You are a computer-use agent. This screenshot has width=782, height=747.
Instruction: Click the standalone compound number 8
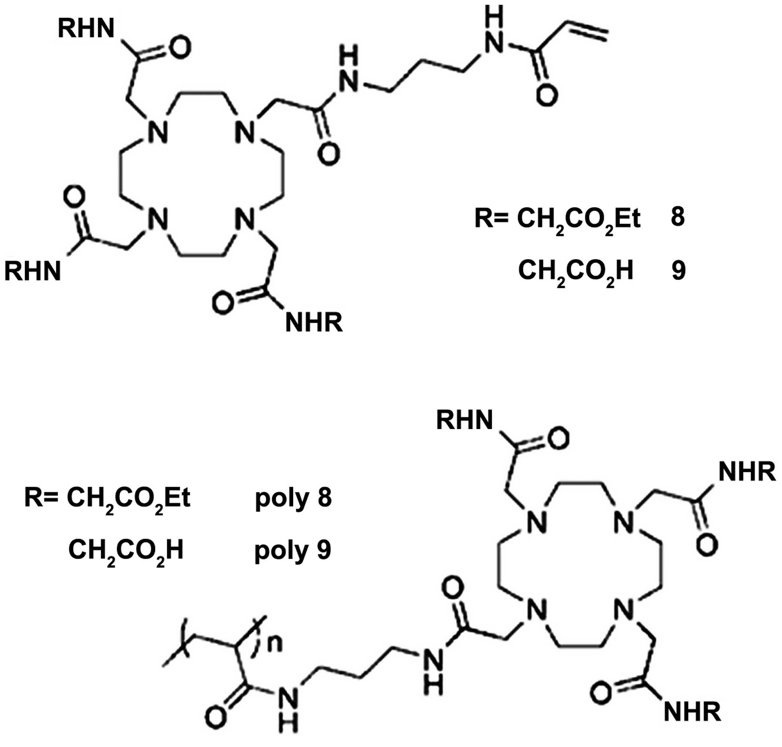(x=677, y=217)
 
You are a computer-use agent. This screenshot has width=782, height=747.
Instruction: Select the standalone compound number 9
(x=678, y=270)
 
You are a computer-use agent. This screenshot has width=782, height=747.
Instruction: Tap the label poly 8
(x=293, y=498)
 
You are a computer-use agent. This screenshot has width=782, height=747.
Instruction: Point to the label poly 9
(x=293, y=550)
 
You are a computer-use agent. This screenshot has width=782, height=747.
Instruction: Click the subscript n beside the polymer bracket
(x=274, y=644)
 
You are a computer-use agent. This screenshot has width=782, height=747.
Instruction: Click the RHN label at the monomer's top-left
(x=86, y=29)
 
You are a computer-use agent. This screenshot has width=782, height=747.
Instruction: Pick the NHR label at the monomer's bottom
(x=314, y=323)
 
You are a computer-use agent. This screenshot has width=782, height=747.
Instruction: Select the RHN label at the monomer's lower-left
(x=33, y=271)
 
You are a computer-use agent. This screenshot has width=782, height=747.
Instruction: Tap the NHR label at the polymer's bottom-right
(x=692, y=711)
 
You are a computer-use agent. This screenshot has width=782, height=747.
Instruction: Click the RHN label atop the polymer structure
(x=464, y=420)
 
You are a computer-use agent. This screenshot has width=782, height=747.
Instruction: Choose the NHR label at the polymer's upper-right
(x=747, y=471)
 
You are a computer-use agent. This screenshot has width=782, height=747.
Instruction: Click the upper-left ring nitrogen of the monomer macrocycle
(x=157, y=131)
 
